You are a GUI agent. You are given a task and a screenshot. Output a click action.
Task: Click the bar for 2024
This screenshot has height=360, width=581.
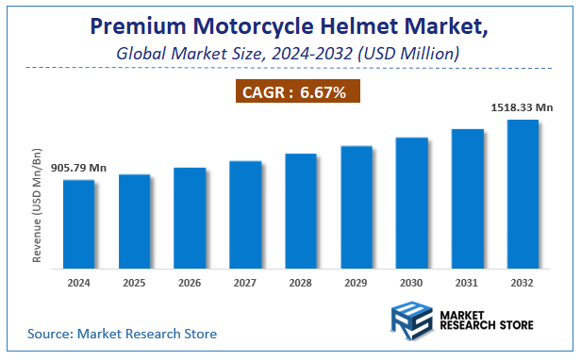pos(79,222)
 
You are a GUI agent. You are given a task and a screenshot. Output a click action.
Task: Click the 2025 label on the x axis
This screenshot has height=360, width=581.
pos(134,283)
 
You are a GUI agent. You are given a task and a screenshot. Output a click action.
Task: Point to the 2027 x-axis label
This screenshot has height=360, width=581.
pos(245,283)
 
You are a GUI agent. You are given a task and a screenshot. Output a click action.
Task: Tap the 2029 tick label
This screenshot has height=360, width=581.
pos(357,283)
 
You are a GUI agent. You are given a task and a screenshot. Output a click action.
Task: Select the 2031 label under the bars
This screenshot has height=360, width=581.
pos(468,283)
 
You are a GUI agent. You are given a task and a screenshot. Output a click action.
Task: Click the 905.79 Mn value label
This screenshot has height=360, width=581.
pos(79,168)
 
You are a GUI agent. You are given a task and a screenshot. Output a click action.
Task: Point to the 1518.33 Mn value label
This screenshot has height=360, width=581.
pos(523,108)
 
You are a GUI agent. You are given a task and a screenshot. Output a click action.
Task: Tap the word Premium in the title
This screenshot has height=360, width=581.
pos(142,26)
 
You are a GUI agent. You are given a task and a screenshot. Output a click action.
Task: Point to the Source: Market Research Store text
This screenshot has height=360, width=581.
pos(123,334)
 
